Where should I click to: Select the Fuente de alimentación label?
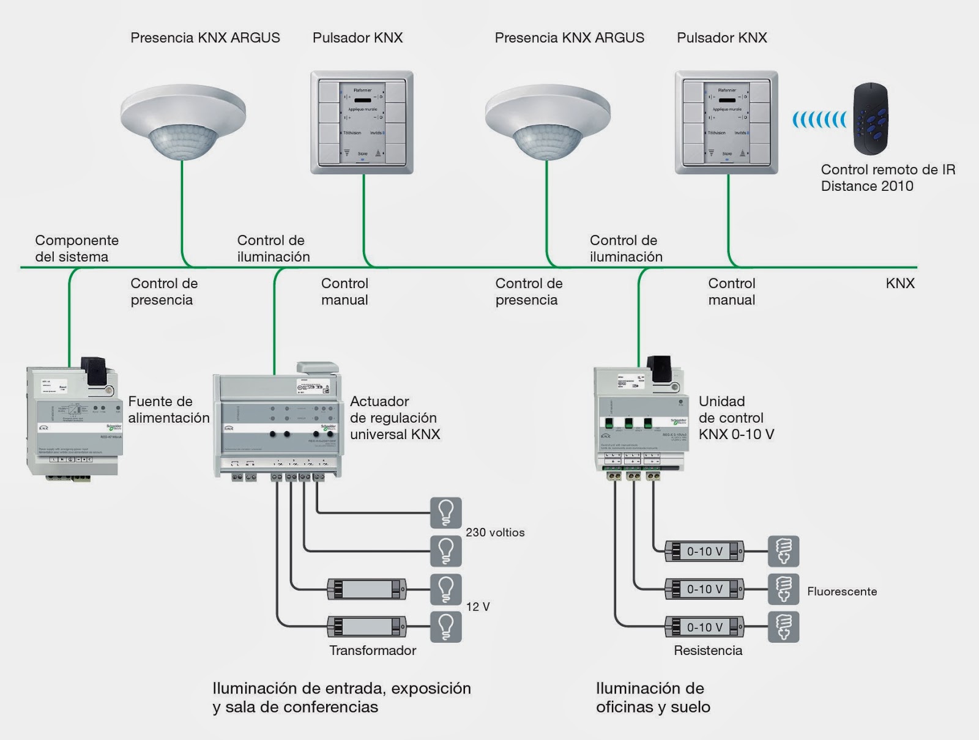click(x=169, y=410)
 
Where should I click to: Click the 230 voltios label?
click(x=495, y=533)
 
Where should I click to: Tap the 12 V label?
click(x=478, y=607)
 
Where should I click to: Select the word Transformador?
click(x=373, y=651)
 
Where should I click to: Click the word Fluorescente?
click(x=842, y=591)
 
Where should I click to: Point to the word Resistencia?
click(x=708, y=651)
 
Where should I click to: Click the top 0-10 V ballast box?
click(x=705, y=552)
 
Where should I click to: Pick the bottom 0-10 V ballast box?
click(x=705, y=627)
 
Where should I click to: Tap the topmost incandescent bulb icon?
click(x=446, y=512)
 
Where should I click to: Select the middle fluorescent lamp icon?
click(x=784, y=590)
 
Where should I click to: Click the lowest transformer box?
click(x=367, y=627)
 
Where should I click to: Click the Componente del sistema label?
click(x=76, y=248)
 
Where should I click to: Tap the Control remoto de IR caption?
click(x=888, y=178)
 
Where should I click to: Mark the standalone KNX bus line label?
click(x=900, y=283)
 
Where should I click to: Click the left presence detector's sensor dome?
click(x=182, y=142)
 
